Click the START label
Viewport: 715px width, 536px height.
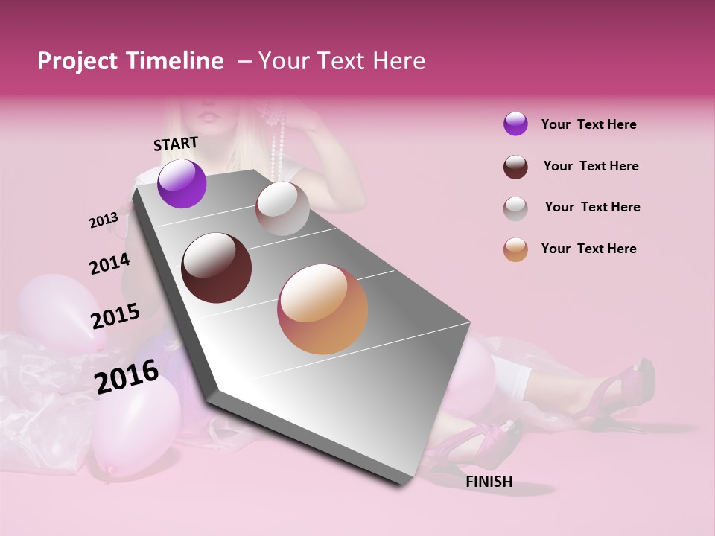[x=176, y=144]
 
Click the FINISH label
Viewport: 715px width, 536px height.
[x=489, y=482]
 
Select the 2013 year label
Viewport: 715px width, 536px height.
[x=104, y=220]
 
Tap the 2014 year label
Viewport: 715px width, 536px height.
[x=109, y=264]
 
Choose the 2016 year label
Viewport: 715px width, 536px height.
[x=126, y=377]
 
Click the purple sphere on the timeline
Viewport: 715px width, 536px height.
[x=182, y=184]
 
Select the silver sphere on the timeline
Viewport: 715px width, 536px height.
[x=282, y=208]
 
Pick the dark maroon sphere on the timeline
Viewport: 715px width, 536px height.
[x=217, y=268]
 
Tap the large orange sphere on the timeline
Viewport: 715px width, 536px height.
[x=322, y=309]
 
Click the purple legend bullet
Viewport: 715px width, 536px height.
[x=515, y=124]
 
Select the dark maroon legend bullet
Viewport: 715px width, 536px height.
[x=515, y=167]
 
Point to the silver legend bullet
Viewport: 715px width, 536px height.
[x=515, y=208]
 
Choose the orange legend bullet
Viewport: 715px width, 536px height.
[x=515, y=249]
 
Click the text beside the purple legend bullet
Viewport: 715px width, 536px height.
[x=588, y=124]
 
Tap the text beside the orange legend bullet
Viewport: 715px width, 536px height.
[x=588, y=249]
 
